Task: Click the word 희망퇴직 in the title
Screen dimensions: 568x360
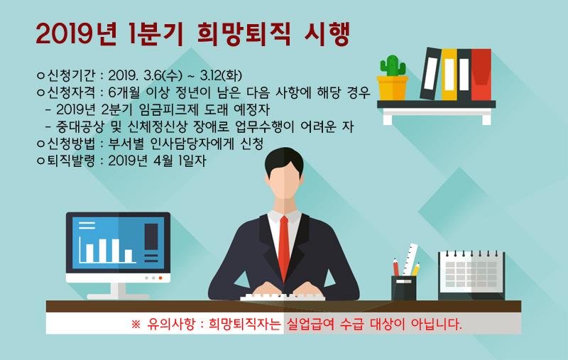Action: [243, 35]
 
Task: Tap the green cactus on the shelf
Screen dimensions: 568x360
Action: [393, 66]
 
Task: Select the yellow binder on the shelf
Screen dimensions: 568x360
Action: [449, 75]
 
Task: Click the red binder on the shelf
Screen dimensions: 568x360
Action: [481, 75]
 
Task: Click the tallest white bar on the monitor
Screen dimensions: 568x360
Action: [103, 250]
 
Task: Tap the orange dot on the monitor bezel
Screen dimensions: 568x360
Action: [160, 278]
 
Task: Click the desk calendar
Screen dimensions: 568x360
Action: [471, 275]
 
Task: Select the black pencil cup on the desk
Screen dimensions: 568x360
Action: [403, 288]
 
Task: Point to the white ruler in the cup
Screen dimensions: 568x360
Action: [410, 259]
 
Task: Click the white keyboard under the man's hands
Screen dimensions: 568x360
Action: [283, 298]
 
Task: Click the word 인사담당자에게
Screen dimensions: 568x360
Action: [192, 143]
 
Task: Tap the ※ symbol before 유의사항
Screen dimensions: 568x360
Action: [136, 324]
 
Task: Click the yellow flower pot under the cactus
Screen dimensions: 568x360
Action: [393, 88]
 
